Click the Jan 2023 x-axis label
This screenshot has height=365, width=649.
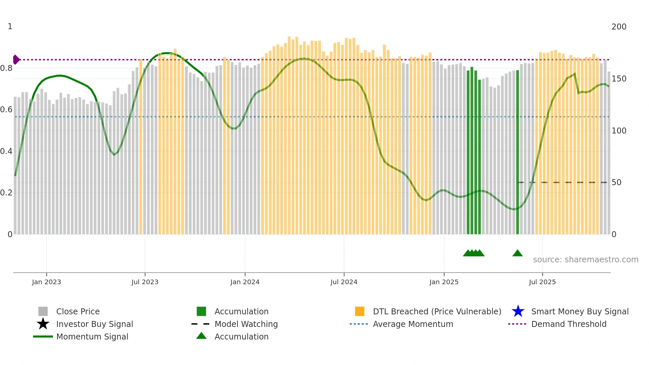(46, 282)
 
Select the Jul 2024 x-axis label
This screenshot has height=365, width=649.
(344, 282)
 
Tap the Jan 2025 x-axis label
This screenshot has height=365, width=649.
(444, 282)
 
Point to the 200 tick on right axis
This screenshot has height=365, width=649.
(619, 27)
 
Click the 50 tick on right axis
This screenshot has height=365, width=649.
(616, 182)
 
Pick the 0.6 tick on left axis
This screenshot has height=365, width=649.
(6, 110)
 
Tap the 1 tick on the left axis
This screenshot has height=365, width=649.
(10, 26)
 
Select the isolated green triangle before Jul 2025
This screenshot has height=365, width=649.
(517, 253)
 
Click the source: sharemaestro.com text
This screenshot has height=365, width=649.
(585, 260)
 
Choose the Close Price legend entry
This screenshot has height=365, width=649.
(78, 311)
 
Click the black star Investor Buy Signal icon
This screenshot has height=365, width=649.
(43, 324)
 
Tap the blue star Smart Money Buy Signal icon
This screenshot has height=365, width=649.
(518, 311)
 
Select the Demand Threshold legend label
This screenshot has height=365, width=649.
(569, 324)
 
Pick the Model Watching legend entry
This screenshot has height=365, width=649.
(246, 324)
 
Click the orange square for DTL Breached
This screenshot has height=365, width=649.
(360, 311)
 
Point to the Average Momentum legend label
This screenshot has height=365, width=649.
(413, 324)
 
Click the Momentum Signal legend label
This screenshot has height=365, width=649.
(92, 337)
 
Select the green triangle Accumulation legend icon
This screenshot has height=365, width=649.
(201, 336)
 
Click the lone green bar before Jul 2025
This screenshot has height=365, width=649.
(518, 152)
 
